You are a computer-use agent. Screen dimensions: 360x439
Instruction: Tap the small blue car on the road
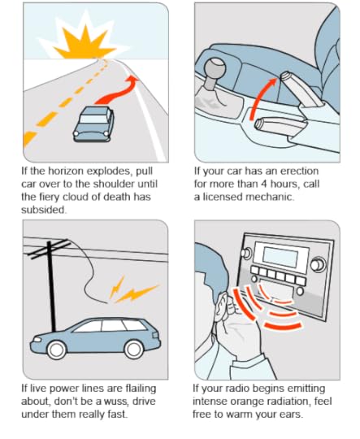tap(93, 124)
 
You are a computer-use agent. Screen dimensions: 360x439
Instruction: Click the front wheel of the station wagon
tap(57, 350)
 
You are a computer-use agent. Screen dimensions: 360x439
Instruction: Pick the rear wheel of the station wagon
tap(133, 350)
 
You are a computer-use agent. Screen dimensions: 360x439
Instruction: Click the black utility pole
tap(51, 285)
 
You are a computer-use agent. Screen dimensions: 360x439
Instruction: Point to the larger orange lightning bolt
tap(137, 293)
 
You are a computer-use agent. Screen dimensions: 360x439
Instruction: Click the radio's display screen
tap(280, 257)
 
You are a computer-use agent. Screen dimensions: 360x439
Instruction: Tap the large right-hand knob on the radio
tap(318, 264)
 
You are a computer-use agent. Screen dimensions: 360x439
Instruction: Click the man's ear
tap(223, 306)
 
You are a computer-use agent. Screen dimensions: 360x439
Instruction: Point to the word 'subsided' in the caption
tap(44, 210)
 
